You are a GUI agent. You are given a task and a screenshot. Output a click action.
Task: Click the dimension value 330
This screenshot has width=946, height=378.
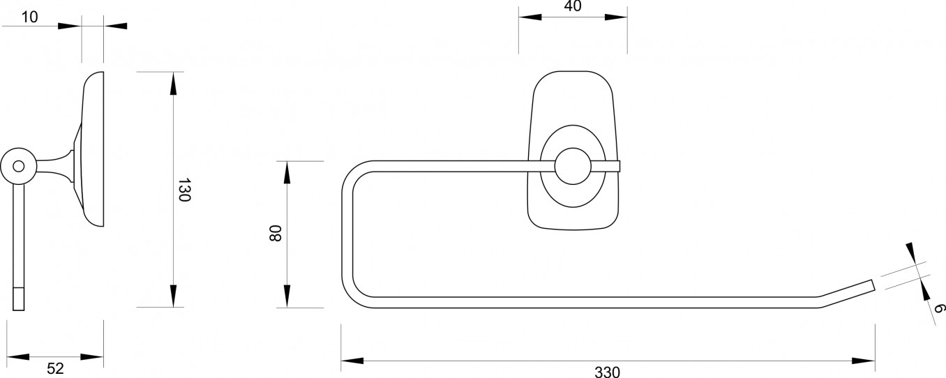pos(607,372)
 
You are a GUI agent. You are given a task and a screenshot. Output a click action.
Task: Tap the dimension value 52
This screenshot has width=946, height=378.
pos(55,368)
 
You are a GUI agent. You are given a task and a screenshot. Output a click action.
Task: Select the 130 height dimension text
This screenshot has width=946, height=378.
pos(184,190)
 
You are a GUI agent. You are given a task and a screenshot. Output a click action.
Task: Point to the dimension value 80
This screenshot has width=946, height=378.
pos(275,233)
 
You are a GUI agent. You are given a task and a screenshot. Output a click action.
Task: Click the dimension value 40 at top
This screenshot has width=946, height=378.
pos(573,6)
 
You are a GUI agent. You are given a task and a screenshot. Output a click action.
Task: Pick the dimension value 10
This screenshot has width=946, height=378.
pos(29,17)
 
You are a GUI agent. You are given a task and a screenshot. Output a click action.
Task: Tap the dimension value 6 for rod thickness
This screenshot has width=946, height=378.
pos(938,309)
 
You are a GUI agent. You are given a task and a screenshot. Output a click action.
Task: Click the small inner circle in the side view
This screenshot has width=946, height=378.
pos(19,166)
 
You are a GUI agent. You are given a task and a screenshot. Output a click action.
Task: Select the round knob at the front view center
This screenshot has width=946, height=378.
pos(573,166)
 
